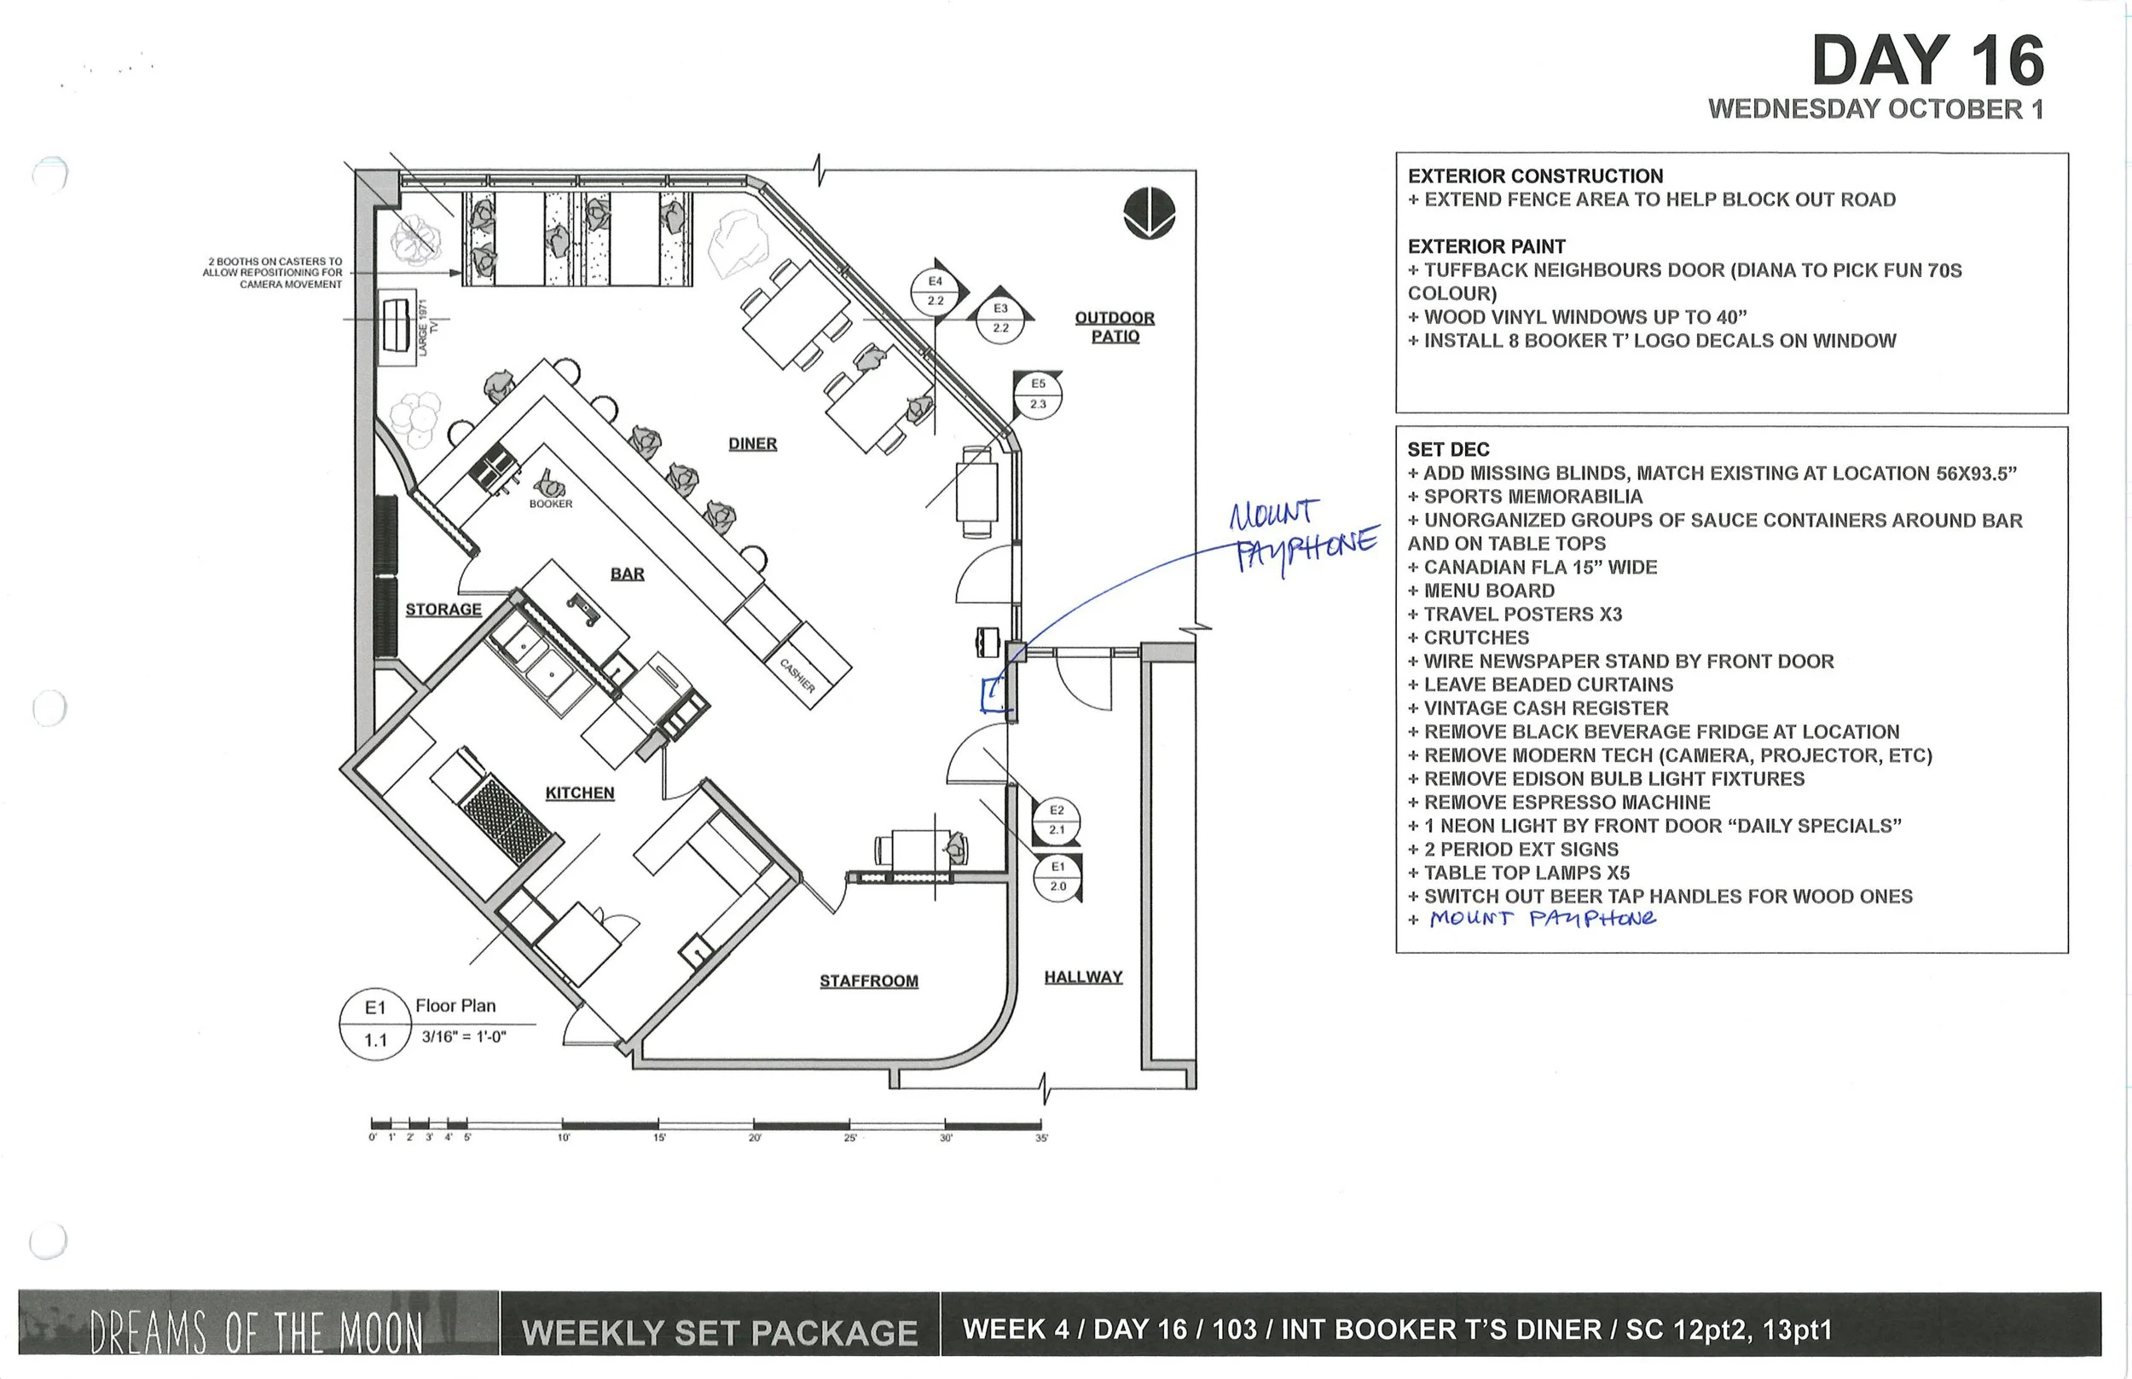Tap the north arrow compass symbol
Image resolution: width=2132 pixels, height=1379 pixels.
coord(1149,213)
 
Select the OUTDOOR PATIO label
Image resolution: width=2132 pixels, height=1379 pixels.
coord(1115,326)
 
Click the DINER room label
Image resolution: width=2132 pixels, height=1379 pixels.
coord(752,444)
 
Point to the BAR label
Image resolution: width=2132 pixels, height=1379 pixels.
coord(627,574)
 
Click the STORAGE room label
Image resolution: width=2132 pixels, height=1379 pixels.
coord(443,609)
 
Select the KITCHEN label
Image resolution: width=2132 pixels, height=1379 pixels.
coord(580,793)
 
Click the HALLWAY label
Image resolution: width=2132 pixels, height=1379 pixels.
coord(1083,977)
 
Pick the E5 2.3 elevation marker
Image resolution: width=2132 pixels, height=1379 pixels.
coord(1037,394)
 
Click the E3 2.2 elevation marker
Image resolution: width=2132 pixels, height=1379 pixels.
coord(1000,318)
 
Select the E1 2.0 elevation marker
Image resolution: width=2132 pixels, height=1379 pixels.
coord(1058,877)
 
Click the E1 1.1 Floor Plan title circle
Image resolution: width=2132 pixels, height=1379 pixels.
coord(375,1024)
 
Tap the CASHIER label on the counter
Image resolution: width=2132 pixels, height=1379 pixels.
coord(797,676)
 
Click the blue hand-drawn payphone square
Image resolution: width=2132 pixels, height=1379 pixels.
coord(993,694)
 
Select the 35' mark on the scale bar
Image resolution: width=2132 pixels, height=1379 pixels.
coord(1041,1137)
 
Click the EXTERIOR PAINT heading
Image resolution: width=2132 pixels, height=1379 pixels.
coord(1486,246)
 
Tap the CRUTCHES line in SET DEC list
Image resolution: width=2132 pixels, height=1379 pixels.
coord(1475,638)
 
